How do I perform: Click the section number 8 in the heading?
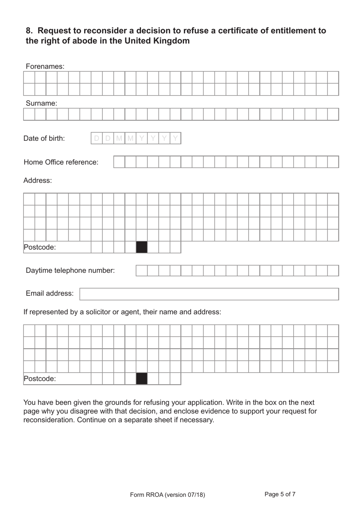click(x=29, y=31)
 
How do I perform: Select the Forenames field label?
click(x=45, y=66)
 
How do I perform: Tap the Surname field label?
click(x=41, y=103)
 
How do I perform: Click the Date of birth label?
click(x=44, y=138)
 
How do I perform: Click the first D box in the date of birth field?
click(x=97, y=138)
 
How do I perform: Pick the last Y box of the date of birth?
click(x=175, y=138)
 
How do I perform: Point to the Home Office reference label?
click(x=61, y=162)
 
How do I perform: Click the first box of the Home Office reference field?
click(x=119, y=162)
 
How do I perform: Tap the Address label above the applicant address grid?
click(x=38, y=181)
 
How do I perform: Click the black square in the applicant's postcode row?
click(x=141, y=247)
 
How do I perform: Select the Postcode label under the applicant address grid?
click(x=40, y=247)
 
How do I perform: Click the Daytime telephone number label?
click(x=70, y=270)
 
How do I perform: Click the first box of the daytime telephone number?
click(x=141, y=270)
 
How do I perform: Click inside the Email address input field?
click(x=209, y=294)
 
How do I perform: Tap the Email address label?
click(x=50, y=294)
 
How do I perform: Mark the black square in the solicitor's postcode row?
click(x=141, y=379)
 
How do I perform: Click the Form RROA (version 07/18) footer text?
click(x=167, y=495)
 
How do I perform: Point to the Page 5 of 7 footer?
click(x=280, y=494)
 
